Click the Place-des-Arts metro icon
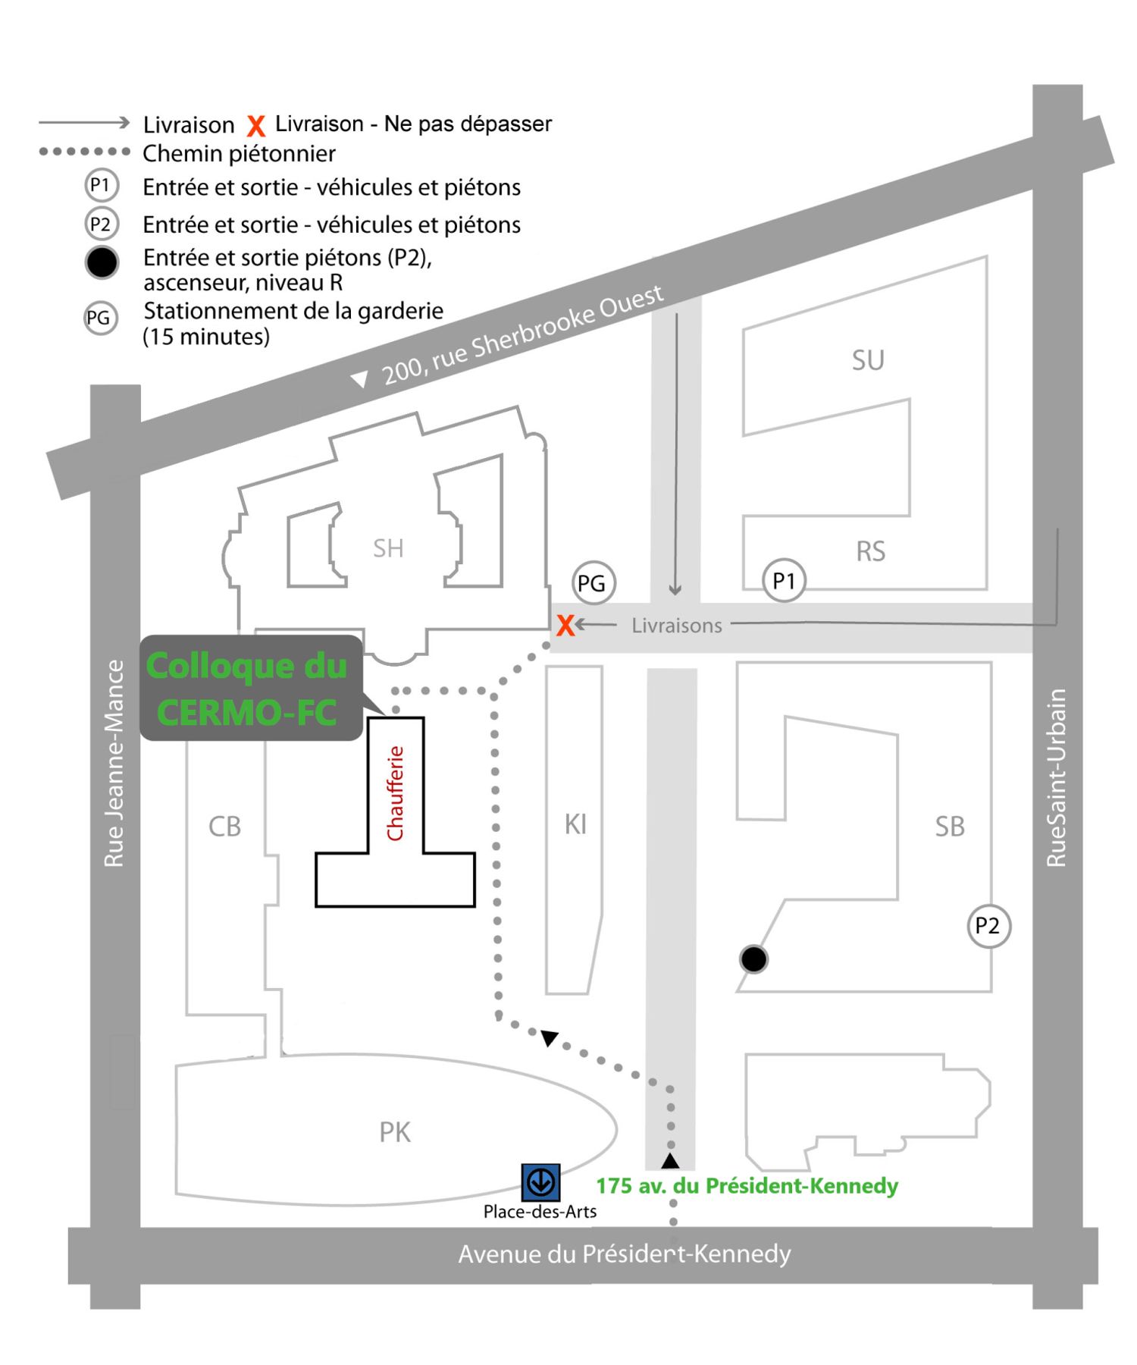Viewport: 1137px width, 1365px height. pyautogui.click(x=540, y=1181)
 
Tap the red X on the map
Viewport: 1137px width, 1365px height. pyautogui.click(x=565, y=626)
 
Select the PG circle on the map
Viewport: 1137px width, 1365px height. pyautogui.click(x=592, y=583)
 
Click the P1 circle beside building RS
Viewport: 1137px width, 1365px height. pyautogui.click(x=783, y=581)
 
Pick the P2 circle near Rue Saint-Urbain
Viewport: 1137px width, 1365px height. pyautogui.click(x=988, y=926)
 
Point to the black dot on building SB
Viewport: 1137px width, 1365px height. pyautogui.click(x=753, y=959)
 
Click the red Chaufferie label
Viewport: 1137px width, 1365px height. pyautogui.click(x=395, y=793)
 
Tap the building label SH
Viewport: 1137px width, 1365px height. pyautogui.click(x=388, y=548)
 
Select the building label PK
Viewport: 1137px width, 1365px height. pyautogui.click(x=395, y=1132)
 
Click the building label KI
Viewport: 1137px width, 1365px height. pyautogui.click(x=575, y=824)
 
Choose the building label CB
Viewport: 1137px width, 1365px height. pyautogui.click(x=224, y=827)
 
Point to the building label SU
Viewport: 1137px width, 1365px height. pyautogui.click(x=868, y=360)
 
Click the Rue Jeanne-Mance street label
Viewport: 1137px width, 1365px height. pyautogui.click(x=114, y=763)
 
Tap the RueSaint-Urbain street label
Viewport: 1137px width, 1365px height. pyautogui.click(x=1056, y=777)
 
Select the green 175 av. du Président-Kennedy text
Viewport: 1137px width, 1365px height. pyautogui.click(x=747, y=1185)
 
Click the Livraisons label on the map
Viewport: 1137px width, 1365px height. pyautogui.click(x=677, y=626)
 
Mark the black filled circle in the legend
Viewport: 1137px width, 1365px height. pyautogui.click(x=102, y=263)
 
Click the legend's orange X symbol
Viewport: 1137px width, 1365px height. pyautogui.click(x=256, y=125)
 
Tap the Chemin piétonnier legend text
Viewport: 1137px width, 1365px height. pyautogui.click(x=239, y=154)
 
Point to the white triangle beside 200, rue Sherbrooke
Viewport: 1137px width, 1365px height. pyautogui.click(x=360, y=378)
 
